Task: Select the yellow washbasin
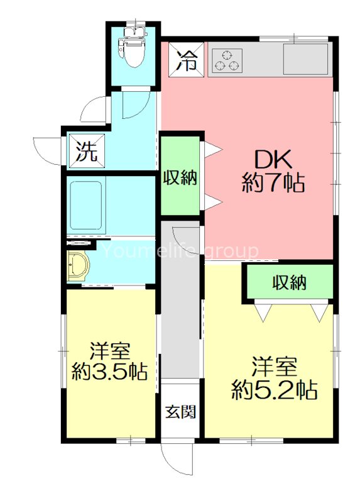pyautogui.click(x=78, y=267)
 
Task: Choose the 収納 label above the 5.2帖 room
pyautogui.click(x=289, y=283)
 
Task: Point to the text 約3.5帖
pyautogui.click(x=109, y=372)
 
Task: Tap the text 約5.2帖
pyautogui.click(x=274, y=390)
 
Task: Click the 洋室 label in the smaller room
pyautogui.click(x=109, y=350)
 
